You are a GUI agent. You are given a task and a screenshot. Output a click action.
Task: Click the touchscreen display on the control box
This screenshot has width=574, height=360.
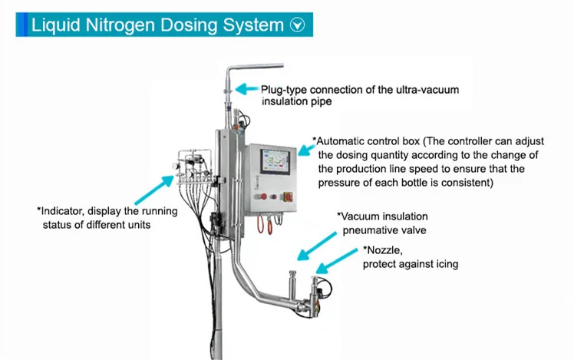click(274, 163)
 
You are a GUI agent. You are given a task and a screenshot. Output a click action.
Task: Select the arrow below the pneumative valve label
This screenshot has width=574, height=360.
click(315, 247)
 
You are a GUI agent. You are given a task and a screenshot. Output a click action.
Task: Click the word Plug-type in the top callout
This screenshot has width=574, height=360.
click(285, 90)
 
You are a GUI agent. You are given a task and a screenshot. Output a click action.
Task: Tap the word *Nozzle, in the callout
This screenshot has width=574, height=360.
click(383, 251)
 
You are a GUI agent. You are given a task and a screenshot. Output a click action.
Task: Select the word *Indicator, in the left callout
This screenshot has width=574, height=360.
click(64, 210)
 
